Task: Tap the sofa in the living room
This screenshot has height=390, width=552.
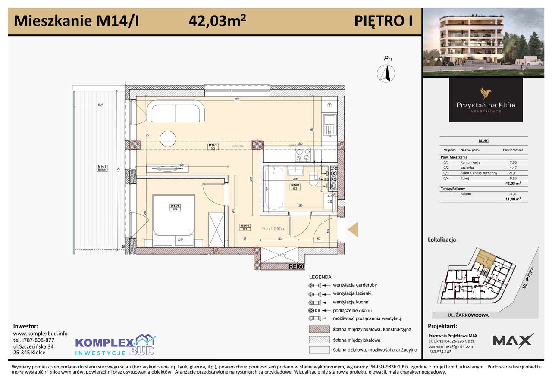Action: [x=176, y=112]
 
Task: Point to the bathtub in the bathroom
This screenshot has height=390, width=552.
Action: [x=274, y=190]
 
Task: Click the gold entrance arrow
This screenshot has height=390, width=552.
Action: [x=353, y=229]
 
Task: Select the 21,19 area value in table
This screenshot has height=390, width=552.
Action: [x=512, y=173]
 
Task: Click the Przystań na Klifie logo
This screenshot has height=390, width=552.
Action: [x=486, y=100]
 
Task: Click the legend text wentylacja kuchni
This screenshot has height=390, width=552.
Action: [x=351, y=302]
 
